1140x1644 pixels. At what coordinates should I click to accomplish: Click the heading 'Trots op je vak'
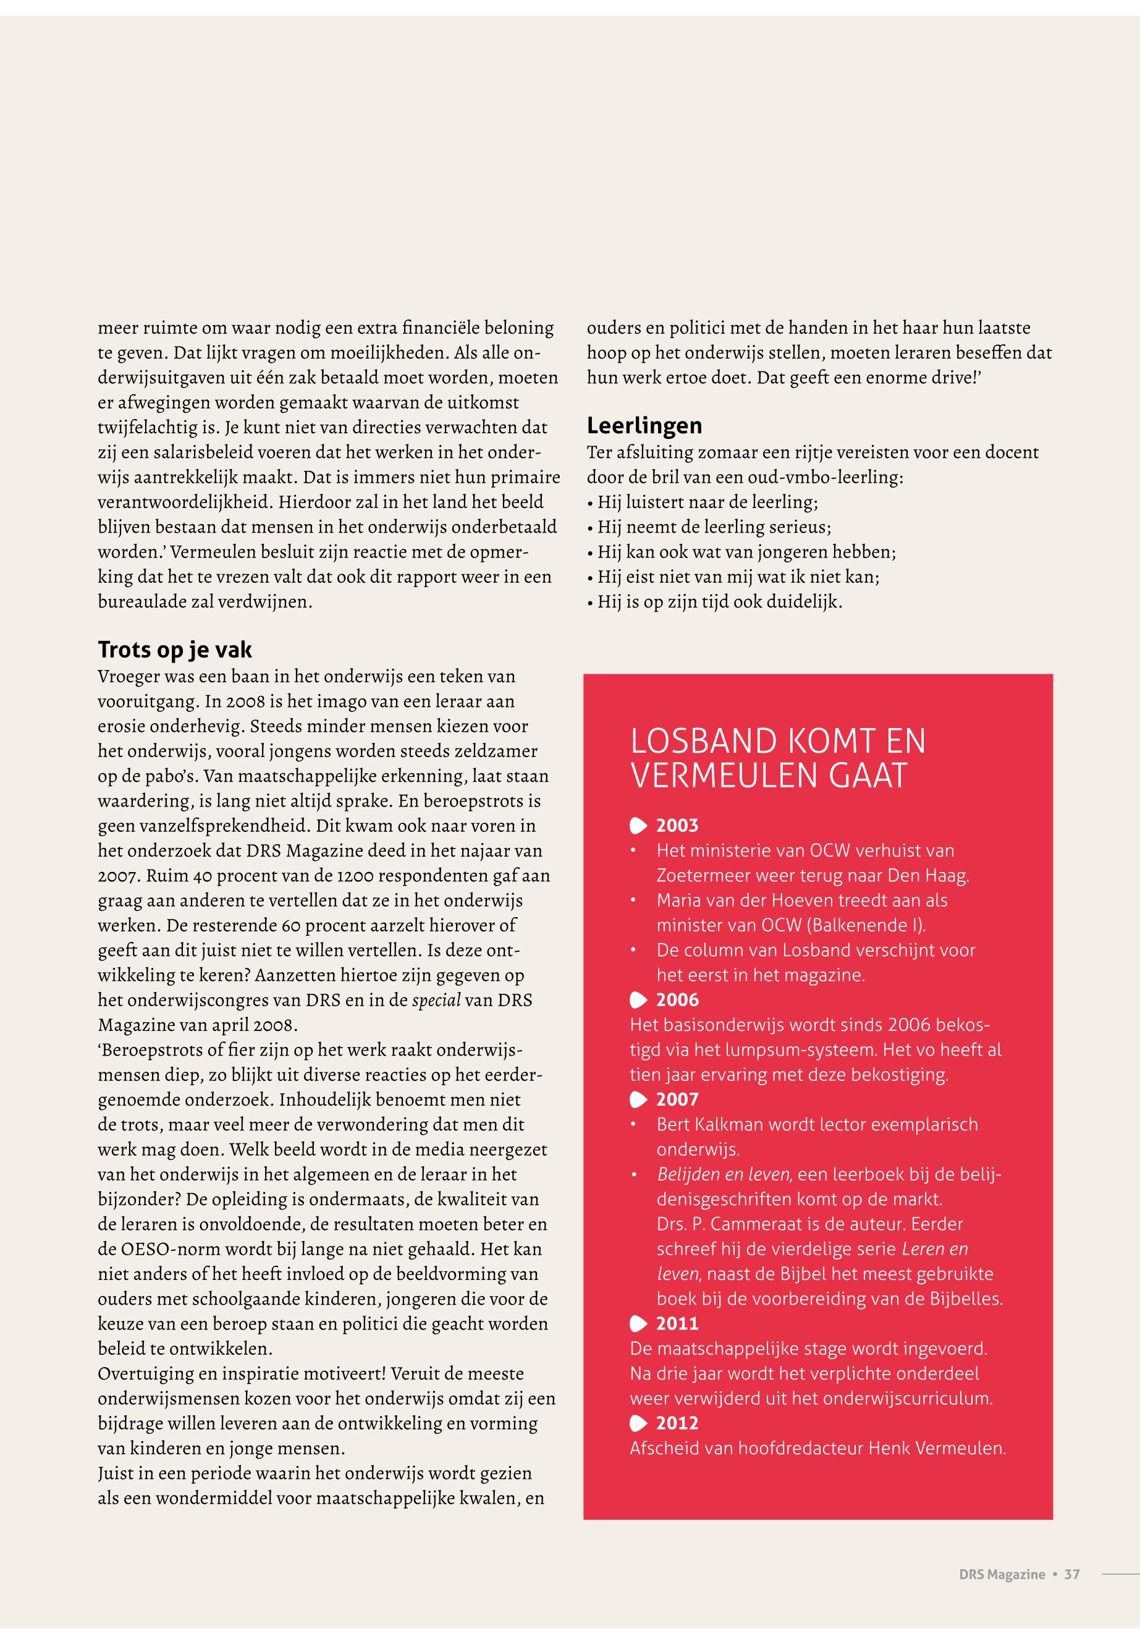click(x=174, y=650)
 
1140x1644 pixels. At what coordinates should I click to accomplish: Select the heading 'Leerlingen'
click(x=644, y=426)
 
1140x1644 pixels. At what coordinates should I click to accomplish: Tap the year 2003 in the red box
click(x=677, y=826)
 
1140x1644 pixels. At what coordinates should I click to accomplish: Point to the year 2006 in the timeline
click(x=677, y=1000)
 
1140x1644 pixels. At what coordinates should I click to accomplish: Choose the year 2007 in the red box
click(x=677, y=1100)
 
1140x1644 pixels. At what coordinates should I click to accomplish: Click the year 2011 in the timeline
click(x=677, y=1324)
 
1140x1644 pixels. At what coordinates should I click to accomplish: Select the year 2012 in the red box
click(x=677, y=1423)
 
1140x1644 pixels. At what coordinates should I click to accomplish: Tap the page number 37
click(x=1071, y=1575)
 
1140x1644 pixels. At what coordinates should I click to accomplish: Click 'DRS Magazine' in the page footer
click(x=1002, y=1575)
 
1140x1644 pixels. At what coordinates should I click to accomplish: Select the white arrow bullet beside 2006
click(x=638, y=1000)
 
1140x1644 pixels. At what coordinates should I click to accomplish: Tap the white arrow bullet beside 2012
click(x=638, y=1423)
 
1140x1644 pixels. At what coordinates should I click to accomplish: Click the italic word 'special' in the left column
click(x=436, y=1000)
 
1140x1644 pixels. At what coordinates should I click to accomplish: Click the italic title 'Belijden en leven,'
click(x=724, y=1174)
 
